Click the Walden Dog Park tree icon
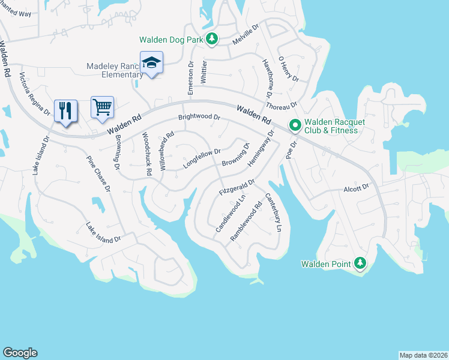tap(211, 40)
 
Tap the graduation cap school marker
tap(151, 62)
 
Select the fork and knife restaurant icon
tap(66, 110)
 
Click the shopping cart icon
tap(102, 107)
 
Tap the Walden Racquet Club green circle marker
tap(295, 125)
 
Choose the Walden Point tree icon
tap(360, 263)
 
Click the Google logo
tap(20, 353)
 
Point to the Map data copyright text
tap(423, 355)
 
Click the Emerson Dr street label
tap(191, 78)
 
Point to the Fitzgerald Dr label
tap(237, 187)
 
